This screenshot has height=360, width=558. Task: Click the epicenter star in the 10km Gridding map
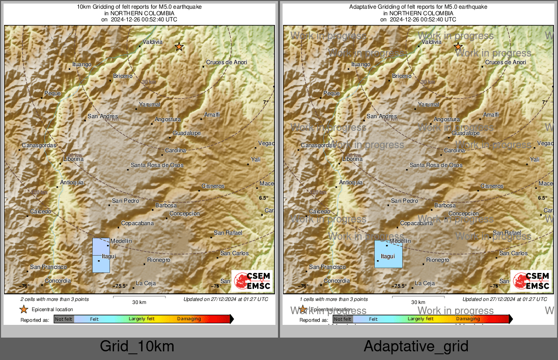[179, 47]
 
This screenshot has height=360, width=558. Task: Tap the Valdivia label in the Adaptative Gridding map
[432, 42]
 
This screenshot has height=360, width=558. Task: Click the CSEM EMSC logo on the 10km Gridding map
[253, 281]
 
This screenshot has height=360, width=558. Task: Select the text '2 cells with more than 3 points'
[54, 299]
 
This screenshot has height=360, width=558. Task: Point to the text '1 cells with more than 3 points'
[333, 299]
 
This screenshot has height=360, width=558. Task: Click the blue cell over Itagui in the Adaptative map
[388, 254]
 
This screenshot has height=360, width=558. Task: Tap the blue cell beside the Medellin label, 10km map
[100, 246]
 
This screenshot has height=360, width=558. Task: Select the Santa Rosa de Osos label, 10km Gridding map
[157, 165]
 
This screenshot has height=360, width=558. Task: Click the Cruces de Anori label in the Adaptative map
[505, 63]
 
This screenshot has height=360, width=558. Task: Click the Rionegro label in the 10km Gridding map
[158, 260]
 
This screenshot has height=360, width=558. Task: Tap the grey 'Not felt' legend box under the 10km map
[64, 319]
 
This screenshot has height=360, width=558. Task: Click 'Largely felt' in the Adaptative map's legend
[421, 319]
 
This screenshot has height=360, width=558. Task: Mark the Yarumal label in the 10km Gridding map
[150, 105]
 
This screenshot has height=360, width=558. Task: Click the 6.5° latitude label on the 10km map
[263, 198]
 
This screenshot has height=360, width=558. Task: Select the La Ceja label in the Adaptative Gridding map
[425, 284]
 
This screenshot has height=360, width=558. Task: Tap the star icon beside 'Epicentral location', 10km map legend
[23, 309]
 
